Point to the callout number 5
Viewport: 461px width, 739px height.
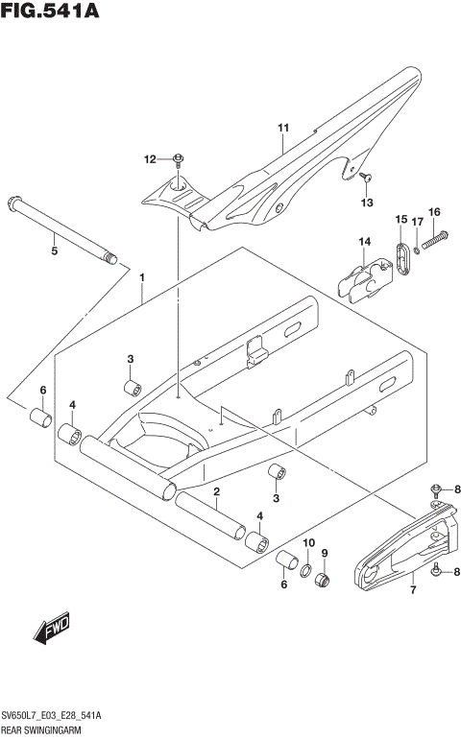tap(55, 250)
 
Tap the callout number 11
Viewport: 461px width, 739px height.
tap(283, 128)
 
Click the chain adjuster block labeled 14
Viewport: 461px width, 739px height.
tap(363, 274)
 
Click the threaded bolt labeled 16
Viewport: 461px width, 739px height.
tap(432, 235)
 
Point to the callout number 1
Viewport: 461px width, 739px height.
tap(142, 278)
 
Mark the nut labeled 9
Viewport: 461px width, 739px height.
tap(324, 582)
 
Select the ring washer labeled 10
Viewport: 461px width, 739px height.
tap(307, 574)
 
